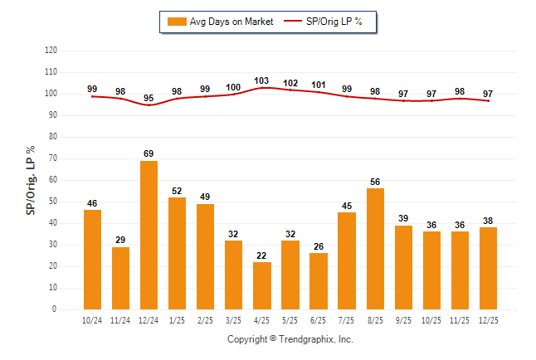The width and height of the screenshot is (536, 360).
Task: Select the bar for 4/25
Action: click(261, 285)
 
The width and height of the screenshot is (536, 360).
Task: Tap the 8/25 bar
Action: click(375, 249)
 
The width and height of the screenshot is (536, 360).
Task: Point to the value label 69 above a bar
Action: click(149, 153)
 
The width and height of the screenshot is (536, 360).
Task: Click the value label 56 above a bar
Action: click(375, 182)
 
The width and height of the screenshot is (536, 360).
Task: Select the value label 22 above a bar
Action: click(261, 255)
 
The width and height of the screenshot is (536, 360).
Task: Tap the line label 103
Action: click(261, 80)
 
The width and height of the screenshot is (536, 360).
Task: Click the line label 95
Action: click(149, 98)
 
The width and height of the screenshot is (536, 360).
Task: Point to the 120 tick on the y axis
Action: click(51, 51)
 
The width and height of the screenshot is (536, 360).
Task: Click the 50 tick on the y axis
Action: click(52, 202)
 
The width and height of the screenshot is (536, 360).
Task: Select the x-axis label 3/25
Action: click(233, 319)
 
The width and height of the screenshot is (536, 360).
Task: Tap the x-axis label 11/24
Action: click(120, 319)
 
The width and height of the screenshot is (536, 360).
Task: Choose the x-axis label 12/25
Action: click(488, 319)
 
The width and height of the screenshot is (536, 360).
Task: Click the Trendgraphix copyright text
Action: click(290, 339)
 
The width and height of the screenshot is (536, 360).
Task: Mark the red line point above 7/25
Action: click(347, 97)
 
